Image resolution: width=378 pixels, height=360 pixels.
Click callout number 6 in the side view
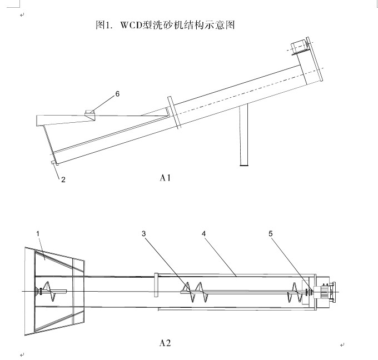pos(117,94)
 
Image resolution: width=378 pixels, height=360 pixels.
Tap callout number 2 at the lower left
pos(63,179)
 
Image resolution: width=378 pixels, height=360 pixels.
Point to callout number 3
pos(143,234)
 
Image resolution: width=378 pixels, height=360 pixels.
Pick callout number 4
pos(203,234)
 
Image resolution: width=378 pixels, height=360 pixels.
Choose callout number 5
pos(271,234)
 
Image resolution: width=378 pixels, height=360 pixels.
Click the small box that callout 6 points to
pos(89,114)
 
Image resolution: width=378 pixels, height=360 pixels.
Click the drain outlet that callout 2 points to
pos(53,162)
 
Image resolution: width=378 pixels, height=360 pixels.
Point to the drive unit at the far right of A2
pos(323,292)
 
